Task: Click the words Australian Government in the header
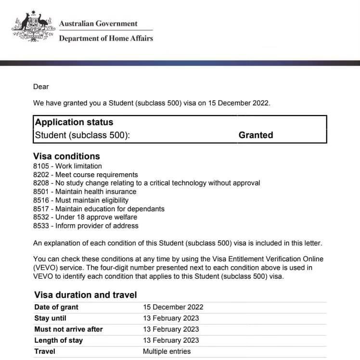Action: click(x=98, y=24)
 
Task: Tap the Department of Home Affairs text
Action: click(x=106, y=38)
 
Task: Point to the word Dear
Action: click(x=41, y=87)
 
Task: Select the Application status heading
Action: click(x=74, y=122)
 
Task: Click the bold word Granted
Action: click(x=256, y=135)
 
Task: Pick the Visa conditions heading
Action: click(x=66, y=156)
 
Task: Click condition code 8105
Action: click(x=41, y=166)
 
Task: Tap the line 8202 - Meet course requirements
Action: click(x=86, y=175)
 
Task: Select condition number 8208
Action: click(x=41, y=183)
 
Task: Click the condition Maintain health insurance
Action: click(x=96, y=192)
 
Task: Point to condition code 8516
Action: click(x=41, y=200)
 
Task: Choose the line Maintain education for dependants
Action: click(x=110, y=209)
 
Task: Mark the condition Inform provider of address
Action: click(x=97, y=226)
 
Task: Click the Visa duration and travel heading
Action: click(x=86, y=295)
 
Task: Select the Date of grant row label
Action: click(x=56, y=307)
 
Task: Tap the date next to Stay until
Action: click(x=171, y=318)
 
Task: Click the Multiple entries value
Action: click(x=167, y=351)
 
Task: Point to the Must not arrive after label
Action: click(x=68, y=329)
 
